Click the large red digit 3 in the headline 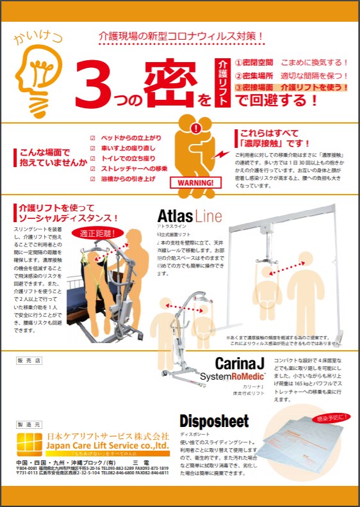97,84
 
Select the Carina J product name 240,364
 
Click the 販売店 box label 29,360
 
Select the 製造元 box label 28,424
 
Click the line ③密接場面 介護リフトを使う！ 291,86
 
